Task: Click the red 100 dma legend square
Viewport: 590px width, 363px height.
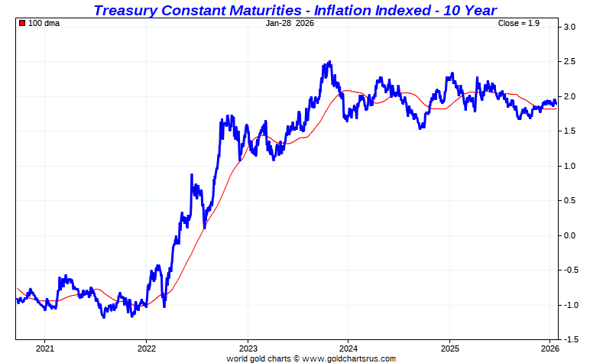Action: pos(22,23)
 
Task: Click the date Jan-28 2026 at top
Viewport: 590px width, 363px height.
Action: pos(290,23)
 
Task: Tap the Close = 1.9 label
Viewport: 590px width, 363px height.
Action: pos(519,23)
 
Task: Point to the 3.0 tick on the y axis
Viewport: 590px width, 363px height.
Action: pos(569,27)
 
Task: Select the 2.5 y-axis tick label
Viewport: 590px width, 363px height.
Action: pos(569,62)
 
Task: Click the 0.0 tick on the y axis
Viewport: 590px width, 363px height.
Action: pos(569,235)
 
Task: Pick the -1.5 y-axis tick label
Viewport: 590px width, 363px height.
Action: pos(569,339)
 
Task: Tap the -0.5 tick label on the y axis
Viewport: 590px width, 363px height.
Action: pos(569,270)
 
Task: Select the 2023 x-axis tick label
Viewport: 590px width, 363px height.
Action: pos(247,348)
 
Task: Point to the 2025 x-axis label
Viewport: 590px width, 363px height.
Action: pos(449,348)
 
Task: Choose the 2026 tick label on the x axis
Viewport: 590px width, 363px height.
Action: pos(550,348)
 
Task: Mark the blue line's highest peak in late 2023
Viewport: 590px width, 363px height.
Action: pos(329,63)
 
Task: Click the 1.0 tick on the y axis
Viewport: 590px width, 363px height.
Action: pos(569,166)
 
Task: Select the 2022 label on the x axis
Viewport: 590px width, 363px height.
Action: pos(146,348)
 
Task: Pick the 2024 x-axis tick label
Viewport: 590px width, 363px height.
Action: pos(348,348)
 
